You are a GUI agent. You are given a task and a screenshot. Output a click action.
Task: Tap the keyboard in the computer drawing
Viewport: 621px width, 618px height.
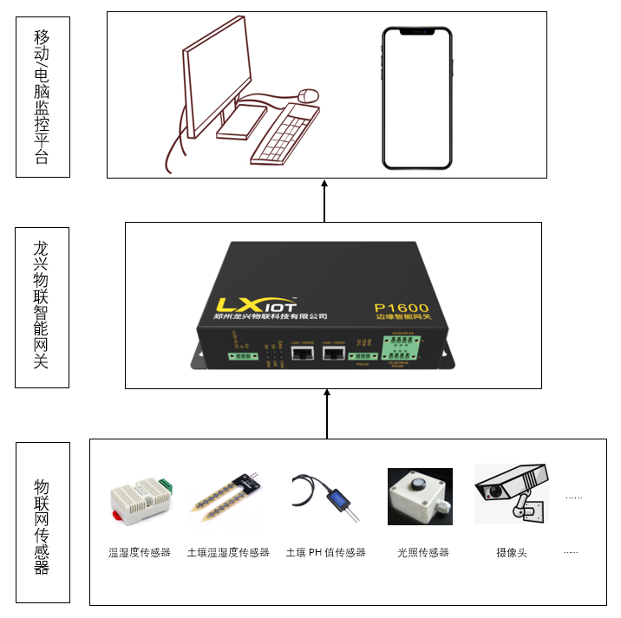pos(285,134)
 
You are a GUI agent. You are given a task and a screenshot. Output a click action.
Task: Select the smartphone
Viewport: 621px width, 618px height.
pos(418,98)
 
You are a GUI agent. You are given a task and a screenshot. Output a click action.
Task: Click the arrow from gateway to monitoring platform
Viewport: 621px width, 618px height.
pos(325,200)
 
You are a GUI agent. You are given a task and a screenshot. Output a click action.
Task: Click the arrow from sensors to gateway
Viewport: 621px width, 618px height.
pos(327,413)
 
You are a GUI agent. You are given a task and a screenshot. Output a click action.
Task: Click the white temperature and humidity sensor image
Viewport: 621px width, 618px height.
pos(141,500)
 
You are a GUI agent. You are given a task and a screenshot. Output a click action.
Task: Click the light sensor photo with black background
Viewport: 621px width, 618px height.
pos(420,496)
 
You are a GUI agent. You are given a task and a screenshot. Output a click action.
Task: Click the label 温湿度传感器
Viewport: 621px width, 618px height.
pos(140,552)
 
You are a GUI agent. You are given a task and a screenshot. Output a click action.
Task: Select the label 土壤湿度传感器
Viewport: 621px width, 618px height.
pos(228,552)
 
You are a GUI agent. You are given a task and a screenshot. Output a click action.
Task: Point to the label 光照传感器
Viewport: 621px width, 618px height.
pos(423,552)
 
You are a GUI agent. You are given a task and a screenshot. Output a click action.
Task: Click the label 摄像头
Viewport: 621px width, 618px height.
pos(512,552)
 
